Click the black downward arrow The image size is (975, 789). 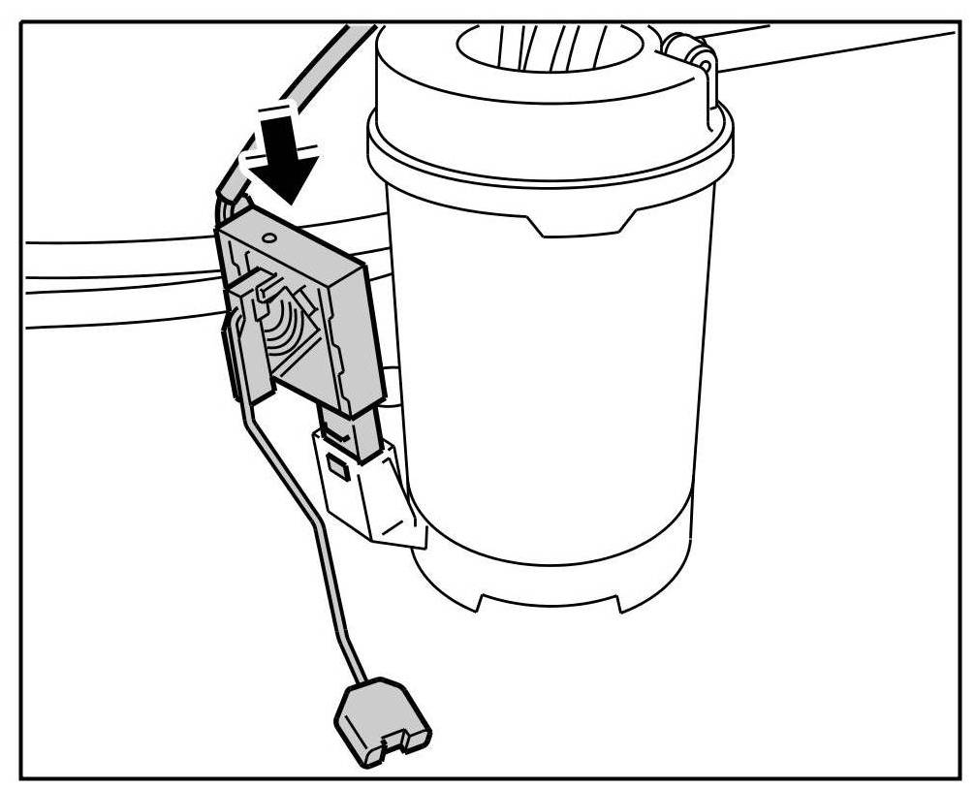click(288, 160)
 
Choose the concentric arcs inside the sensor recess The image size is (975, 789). click(291, 330)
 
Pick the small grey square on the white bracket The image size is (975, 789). click(338, 469)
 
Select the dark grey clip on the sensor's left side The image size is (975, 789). click(233, 359)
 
